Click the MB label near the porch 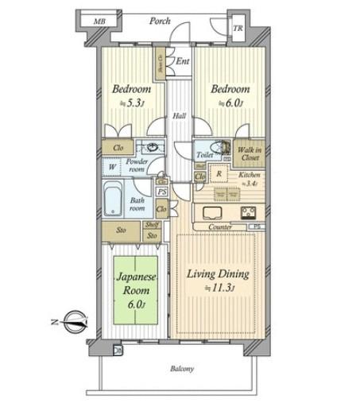(x=99, y=21)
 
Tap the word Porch (x=161, y=21)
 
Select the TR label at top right (x=238, y=29)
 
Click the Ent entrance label (x=182, y=60)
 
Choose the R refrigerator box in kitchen (x=217, y=172)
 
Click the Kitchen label (x=250, y=176)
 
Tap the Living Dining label (x=218, y=274)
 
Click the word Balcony (x=181, y=369)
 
